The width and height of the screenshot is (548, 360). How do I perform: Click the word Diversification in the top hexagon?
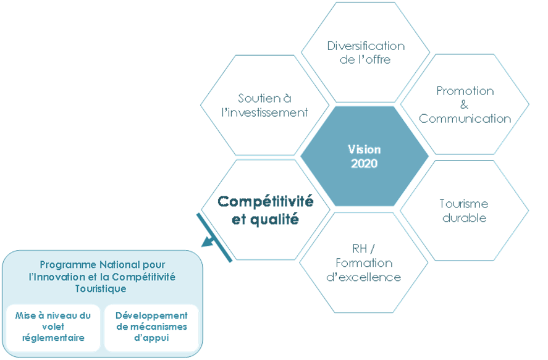366,46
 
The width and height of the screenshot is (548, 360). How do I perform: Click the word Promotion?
465,91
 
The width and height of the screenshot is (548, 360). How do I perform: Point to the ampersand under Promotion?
465,104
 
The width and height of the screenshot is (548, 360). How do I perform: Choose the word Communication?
465,119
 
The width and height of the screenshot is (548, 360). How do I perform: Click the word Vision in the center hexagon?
365,150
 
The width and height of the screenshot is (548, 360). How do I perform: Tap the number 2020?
365,164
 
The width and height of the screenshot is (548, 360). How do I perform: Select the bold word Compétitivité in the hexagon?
266,202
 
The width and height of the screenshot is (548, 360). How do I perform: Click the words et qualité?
264,219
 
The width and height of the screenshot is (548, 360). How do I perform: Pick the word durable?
464,217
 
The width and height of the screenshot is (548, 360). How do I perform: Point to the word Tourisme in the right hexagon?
464,204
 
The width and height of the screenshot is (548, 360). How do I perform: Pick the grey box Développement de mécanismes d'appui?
151,327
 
